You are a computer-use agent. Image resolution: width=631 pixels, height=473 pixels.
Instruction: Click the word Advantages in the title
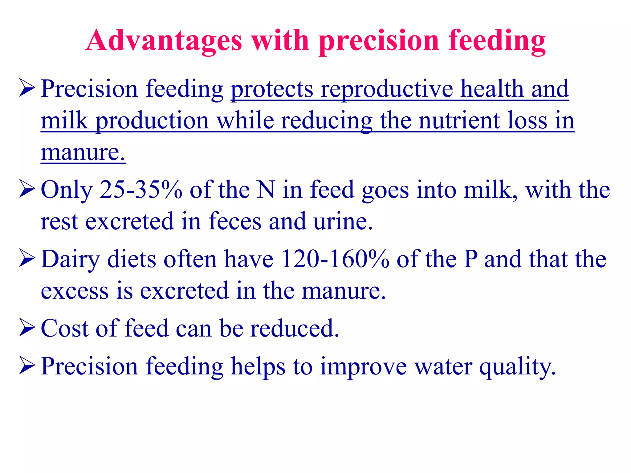coord(164,41)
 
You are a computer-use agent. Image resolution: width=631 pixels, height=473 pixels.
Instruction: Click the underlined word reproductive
coord(387,89)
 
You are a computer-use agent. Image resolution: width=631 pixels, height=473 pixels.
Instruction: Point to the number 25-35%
coord(141,190)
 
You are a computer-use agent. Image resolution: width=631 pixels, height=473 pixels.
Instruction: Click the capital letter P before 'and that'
coord(470,259)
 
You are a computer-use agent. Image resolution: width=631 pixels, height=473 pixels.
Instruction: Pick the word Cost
coord(64,328)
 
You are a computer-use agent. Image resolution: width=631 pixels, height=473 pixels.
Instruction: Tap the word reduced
coord(294,328)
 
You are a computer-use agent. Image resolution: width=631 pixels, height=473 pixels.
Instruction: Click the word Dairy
coord(71,260)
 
